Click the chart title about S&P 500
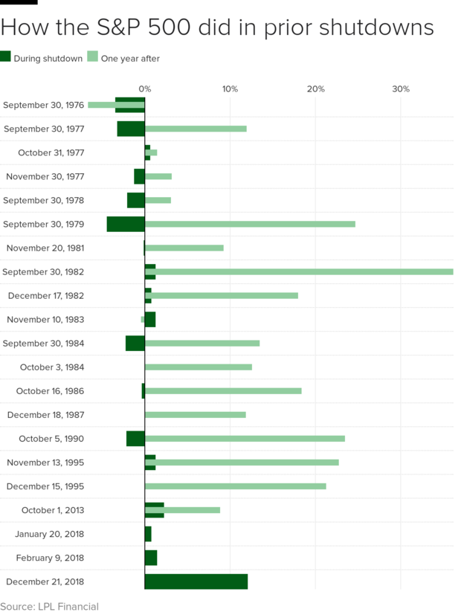coord(217,28)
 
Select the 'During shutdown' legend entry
coord(42,59)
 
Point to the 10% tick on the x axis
coord(230,89)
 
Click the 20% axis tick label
coord(315,89)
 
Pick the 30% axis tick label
coord(401,89)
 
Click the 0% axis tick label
coord(145,89)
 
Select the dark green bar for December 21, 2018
coord(196,582)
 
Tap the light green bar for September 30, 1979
coord(250,224)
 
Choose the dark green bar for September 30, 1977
coord(131,129)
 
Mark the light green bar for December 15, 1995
coord(236,486)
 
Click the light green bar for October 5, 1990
coord(245,439)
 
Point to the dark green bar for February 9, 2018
coord(151,558)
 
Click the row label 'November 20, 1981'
coord(45,248)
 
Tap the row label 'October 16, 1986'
coord(50,391)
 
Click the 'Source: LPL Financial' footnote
coord(49,606)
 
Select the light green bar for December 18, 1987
coord(196,415)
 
